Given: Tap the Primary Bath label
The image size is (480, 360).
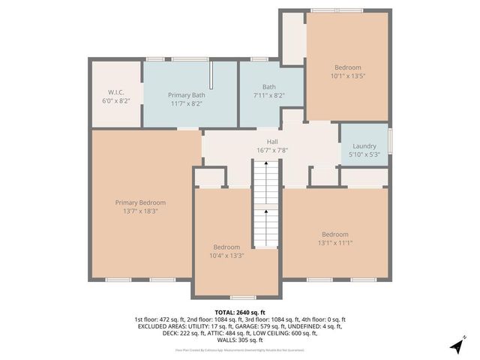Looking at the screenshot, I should (187, 94).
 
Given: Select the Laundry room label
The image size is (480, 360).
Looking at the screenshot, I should (364, 145).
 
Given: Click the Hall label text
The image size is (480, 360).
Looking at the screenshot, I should (272, 141).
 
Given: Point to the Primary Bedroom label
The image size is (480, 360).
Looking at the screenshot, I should (140, 202).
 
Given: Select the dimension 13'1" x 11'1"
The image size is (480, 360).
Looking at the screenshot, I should (334, 242).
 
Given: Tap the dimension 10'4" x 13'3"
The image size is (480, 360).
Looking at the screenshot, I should (226, 256).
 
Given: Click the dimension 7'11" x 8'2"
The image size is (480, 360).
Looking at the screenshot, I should (268, 95).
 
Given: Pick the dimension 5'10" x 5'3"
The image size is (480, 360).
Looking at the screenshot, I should (364, 154).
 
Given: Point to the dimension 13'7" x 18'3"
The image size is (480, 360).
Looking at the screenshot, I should (140, 211).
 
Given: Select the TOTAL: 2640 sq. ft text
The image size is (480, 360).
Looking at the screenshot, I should (239, 311).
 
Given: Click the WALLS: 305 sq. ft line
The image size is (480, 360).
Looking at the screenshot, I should (239, 340).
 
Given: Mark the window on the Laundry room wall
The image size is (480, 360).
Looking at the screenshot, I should (391, 141).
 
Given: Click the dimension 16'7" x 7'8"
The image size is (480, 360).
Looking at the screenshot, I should (272, 150).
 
